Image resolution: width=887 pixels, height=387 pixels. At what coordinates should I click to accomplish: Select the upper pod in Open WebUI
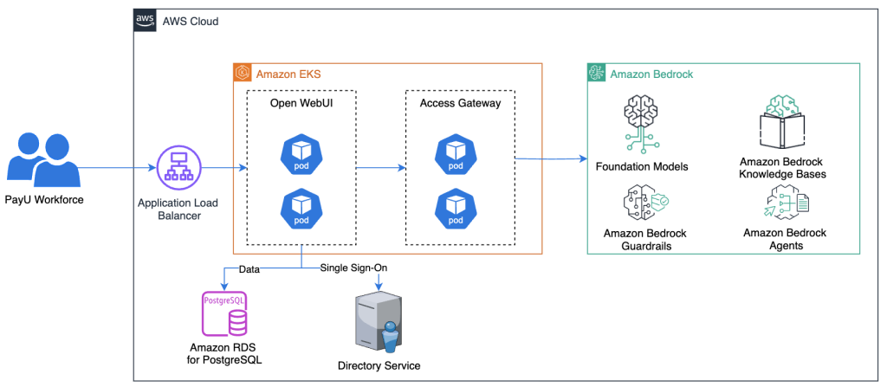[301, 152]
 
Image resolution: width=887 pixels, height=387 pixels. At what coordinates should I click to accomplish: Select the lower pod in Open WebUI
[301, 207]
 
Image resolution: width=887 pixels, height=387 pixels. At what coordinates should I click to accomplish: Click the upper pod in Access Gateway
[455, 152]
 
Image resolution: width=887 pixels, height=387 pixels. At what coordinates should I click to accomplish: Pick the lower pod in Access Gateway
[455, 207]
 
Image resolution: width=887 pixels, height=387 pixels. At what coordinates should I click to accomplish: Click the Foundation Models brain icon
[641, 124]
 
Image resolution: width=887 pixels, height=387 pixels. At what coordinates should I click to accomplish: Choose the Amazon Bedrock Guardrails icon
[642, 203]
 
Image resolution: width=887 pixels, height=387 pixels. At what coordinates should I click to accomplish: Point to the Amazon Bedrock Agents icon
[785, 205]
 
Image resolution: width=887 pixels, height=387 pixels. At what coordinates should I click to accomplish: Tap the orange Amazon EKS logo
[243, 74]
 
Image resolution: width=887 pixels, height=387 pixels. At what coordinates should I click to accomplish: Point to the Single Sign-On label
[353, 268]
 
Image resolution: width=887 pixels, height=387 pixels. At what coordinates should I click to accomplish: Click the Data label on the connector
[249, 268]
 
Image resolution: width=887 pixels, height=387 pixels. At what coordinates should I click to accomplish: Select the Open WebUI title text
[301, 103]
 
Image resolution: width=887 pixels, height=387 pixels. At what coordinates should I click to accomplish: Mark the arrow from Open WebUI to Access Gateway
[381, 167]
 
